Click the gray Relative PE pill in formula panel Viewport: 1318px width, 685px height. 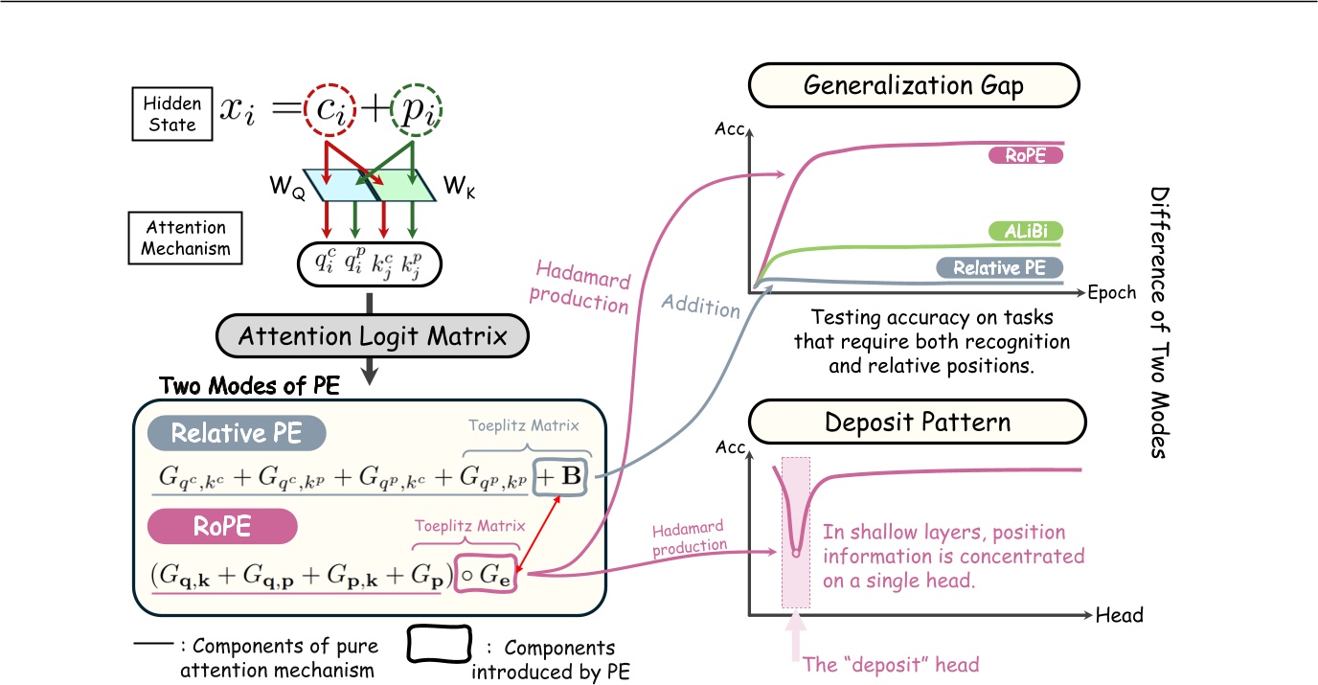237,434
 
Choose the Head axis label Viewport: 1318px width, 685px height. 1119,614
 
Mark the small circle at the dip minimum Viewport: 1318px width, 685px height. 795,552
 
